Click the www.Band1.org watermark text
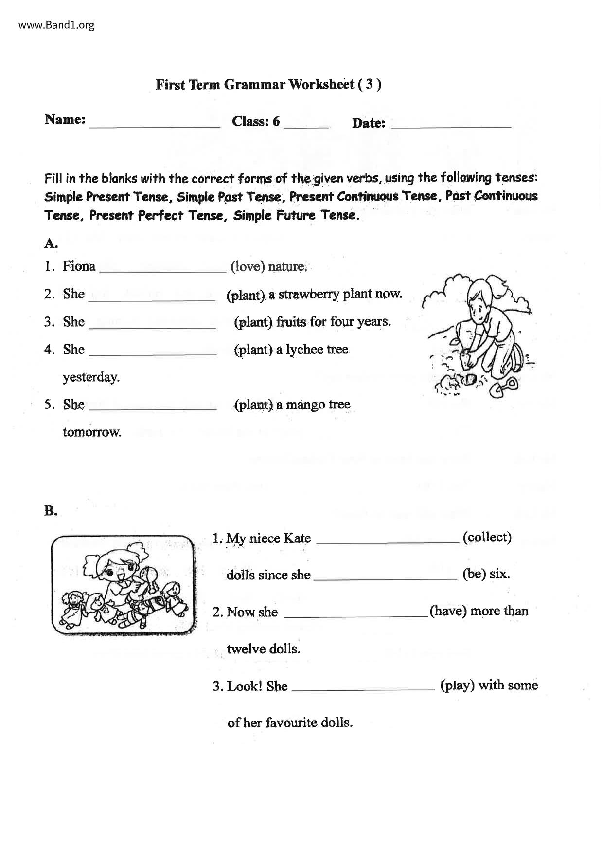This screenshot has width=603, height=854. pos(56,25)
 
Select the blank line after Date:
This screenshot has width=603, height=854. pos(451,125)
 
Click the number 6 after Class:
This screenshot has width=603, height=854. pos(276,121)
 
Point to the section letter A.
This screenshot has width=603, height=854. pos(51,243)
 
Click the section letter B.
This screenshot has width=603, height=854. pos(51,511)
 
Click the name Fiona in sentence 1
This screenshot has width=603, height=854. pos(79,266)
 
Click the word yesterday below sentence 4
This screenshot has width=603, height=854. pos(91,377)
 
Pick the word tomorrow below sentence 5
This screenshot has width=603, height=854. pos(92,432)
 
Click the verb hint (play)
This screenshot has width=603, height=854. pos(457,686)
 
